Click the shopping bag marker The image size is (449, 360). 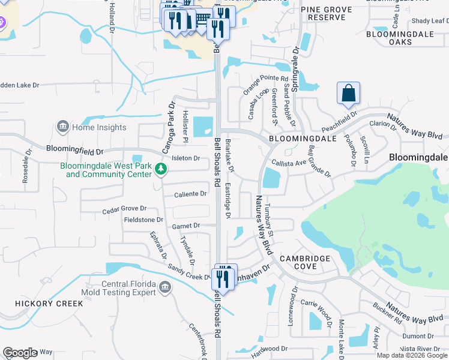(x=348, y=94)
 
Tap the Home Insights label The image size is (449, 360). (x=99, y=127)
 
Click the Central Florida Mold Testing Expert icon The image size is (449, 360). (x=165, y=289)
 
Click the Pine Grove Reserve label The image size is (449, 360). (x=327, y=14)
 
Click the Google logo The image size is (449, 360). (x=20, y=353)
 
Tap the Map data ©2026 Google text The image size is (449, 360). (x=412, y=355)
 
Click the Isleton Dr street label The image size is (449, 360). (x=185, y=158)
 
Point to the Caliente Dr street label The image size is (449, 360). (x=190, y=194)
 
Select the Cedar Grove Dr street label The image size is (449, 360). (x=124, y=208)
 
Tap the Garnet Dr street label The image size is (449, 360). (x=185, y=226)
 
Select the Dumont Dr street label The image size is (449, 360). (x=426, y=336)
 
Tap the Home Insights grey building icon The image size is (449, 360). (x=62, y=127)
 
